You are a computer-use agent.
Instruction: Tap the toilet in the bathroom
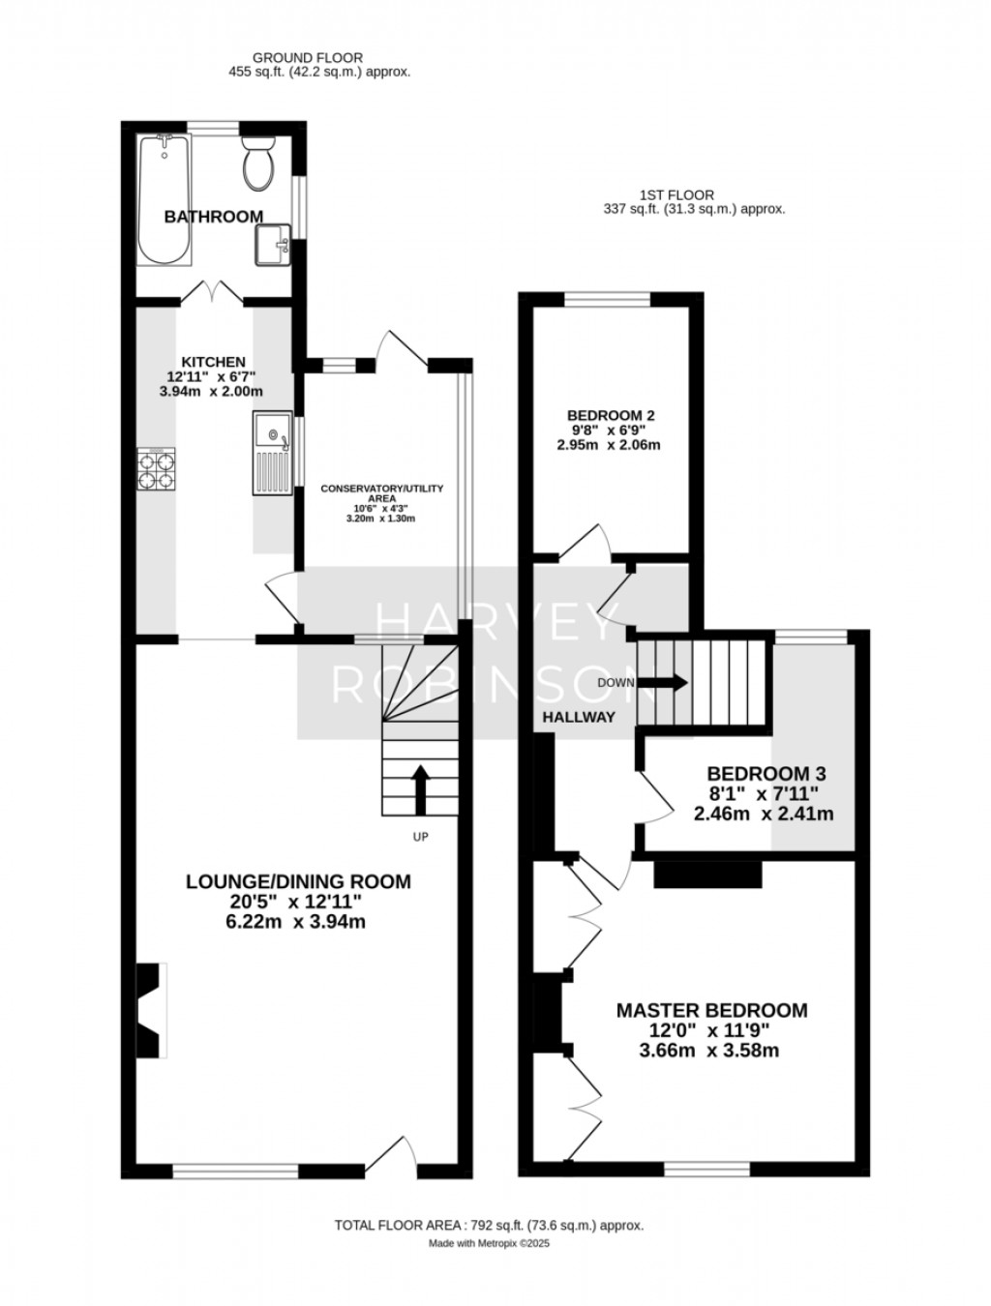click(x=258, y=164)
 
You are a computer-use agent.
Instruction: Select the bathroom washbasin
click(x=273, y=246)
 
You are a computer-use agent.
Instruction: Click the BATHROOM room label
click(x=214, y=217)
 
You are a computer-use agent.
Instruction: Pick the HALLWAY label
click(x=579, y=717)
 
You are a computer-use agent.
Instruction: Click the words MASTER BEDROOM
click(x=711, y=1010)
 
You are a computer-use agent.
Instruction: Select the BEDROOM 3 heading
click(x=766, y=774)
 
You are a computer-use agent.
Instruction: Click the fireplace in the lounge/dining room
click(x=150, y=1012)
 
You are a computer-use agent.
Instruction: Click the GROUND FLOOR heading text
click(x=307, y=58)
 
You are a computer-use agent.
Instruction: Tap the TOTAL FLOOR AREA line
click(x=489, y=1225)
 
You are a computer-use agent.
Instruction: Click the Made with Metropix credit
click(x=489, y=1244)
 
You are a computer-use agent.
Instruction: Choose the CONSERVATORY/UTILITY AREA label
click(x=382, y=493)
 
